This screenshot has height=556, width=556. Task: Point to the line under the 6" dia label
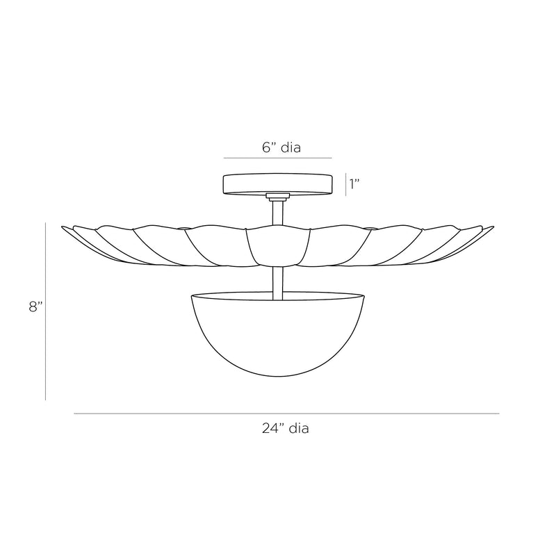pyautogui.click(x=277, y=158)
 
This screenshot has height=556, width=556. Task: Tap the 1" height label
pyautogui.click(x=356, y=184)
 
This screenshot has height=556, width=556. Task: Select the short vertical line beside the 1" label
pyautogui.click(x=345, y=184)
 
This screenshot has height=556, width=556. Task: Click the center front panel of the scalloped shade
pyautogui.click(x=277, y=247)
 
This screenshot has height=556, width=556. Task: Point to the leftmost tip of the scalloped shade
pyautogui.click(x=63, y=227)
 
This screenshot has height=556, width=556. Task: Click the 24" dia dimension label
pyautogui.click(x=286, y=429)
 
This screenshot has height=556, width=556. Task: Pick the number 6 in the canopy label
pyautogui.click(x=265, y=147)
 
